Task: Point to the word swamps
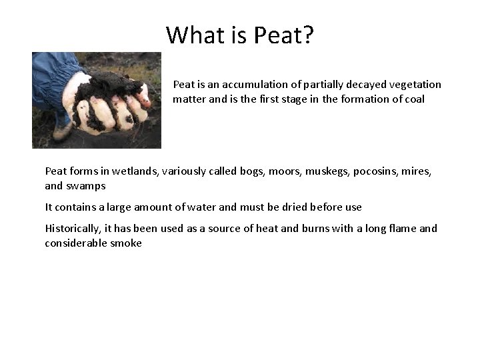coord(85,186)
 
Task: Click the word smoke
coord(125,243)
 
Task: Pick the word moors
coord(283,171)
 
